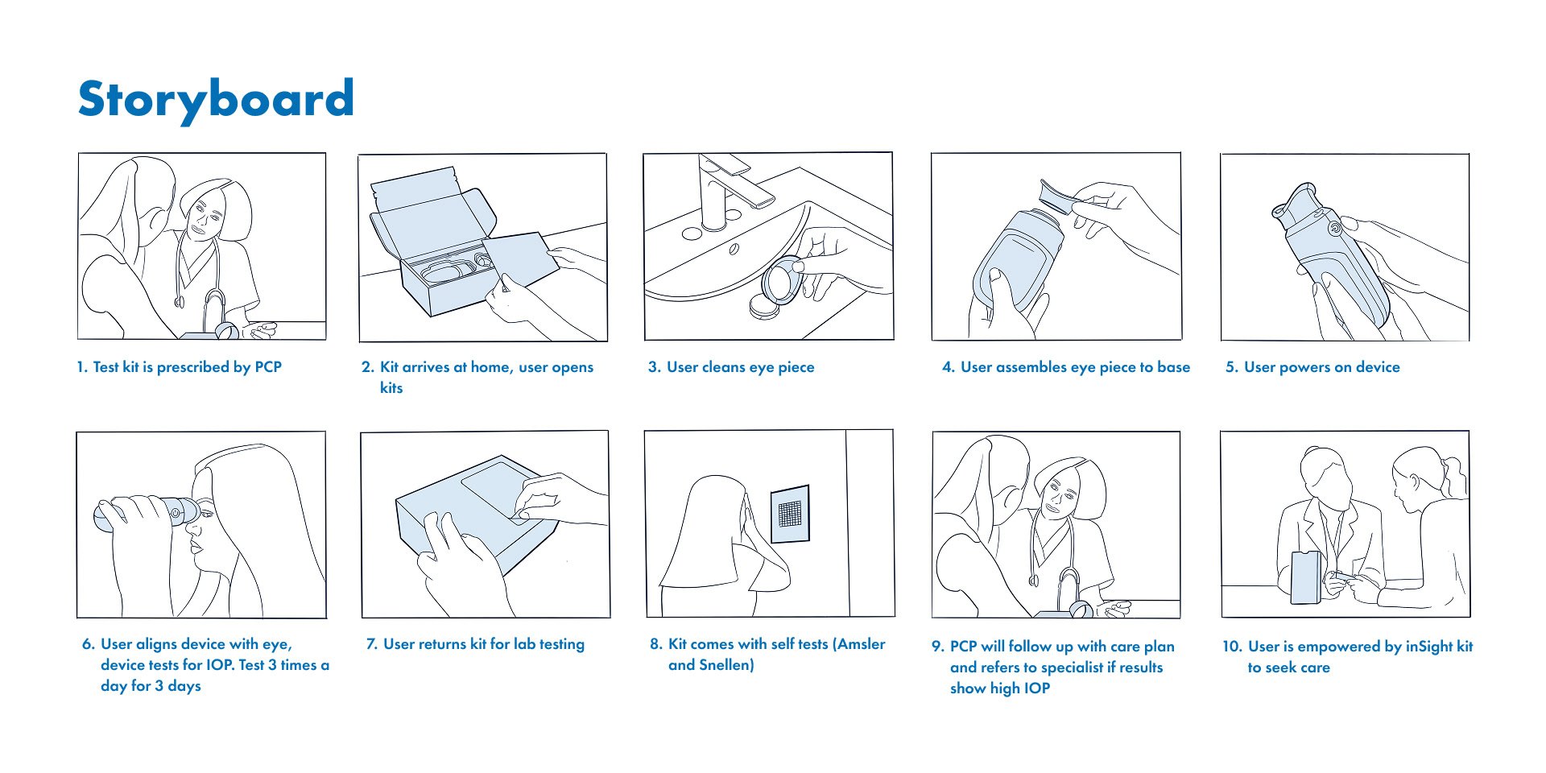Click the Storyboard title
coord(216,99)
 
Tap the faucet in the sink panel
coord(729,189)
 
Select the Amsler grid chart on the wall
coord(790,514)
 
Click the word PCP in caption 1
coord(268,367)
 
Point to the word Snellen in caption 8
coord(726,665)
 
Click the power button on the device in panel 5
coord(1334,229)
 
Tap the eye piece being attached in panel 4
coord(1056,196)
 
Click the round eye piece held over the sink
coord(782,281)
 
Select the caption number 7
coord(371,644)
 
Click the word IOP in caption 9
coord(1037,688)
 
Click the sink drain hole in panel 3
coord(734,250)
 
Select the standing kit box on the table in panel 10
coord(1306,577)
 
